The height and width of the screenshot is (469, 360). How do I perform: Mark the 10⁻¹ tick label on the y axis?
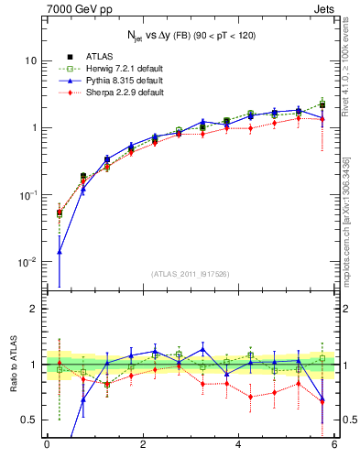27,194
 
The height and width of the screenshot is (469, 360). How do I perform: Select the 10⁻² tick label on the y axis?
27,262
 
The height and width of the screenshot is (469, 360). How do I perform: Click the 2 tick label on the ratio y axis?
32,309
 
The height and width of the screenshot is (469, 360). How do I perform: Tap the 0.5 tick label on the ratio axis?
27,420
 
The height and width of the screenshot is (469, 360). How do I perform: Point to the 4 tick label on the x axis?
238,445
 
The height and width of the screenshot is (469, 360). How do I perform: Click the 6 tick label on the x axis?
334,445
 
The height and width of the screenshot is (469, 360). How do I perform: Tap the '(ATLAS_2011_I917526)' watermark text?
190,274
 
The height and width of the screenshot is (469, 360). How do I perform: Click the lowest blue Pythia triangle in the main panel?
60,251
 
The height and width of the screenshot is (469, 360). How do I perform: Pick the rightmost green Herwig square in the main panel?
322,104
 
